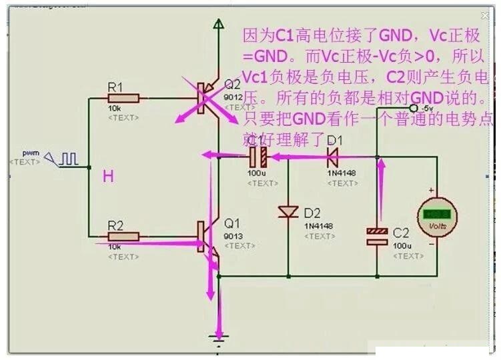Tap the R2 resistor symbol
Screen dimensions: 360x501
coord(125,236)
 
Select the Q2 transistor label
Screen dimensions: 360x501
coord(232,85)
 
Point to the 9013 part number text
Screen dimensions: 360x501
coord(232,235)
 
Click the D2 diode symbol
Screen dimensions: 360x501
coord(288,212)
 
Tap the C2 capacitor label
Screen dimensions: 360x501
coord(400,233)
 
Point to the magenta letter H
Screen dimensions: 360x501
coord(108,177)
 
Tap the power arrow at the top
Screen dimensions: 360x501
coord(217,25)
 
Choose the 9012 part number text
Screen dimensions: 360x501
coord(232,96)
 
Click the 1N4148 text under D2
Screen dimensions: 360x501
coord(318,226)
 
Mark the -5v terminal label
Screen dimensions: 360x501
coord(427,108)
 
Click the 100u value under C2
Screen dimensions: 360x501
coord(402,246)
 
